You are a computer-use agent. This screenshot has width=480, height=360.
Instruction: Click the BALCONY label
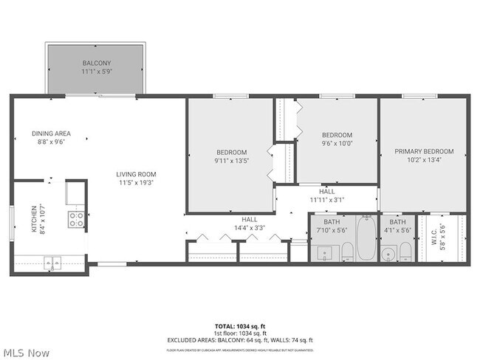(x=95, y=64)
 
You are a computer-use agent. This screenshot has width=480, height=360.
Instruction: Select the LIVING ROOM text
(x=136, y=175)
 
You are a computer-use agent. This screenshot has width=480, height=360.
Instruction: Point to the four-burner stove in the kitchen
(x=76, y=219)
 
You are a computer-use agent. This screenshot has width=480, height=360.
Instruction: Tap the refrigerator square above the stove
(x=75, y=193)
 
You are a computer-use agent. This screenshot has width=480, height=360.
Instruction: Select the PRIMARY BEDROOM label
(x=424, y=152)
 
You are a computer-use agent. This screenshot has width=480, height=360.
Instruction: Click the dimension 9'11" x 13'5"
(x=231, y=161)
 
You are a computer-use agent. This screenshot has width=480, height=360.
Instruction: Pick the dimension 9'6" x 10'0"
(x=337, y=144)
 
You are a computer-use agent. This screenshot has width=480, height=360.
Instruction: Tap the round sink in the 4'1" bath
(x=388, y=255)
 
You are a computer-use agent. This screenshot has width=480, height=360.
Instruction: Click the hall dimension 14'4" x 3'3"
(x=249, y=228)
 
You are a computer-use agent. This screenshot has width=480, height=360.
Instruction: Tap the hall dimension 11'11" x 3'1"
(x=326, y=200)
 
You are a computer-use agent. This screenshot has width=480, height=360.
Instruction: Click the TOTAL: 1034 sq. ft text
(x=239, y=325)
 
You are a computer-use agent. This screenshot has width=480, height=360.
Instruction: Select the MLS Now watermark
(x=26, y=353)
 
